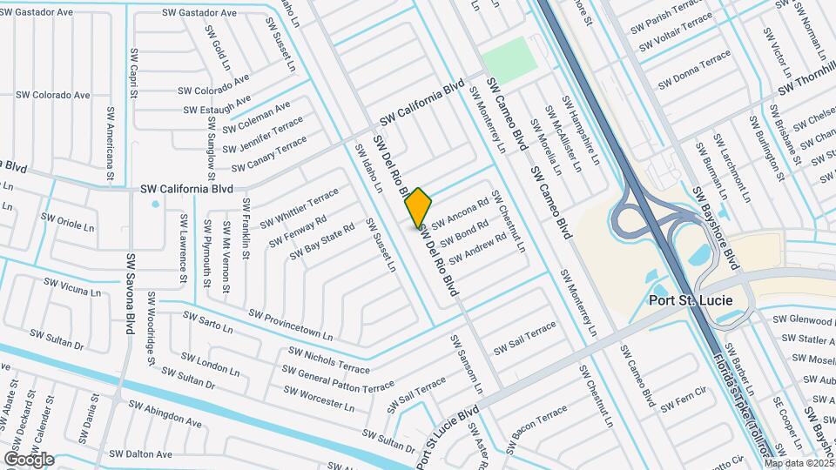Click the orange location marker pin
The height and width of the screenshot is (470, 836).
point(418,207)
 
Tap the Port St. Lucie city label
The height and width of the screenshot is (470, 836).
point(691,300)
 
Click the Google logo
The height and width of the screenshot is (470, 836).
point(29,459)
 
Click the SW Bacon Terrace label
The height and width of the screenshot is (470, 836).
point(539,423)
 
